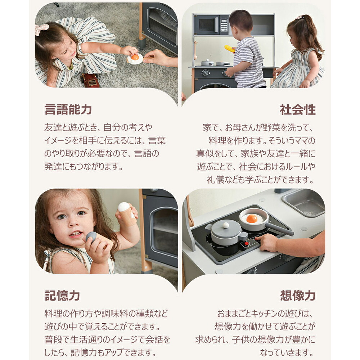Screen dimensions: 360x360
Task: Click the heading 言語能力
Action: [x=68, y=109]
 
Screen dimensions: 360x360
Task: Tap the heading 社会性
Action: [x=298, y=109]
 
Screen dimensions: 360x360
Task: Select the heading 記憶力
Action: [x=62, y=296]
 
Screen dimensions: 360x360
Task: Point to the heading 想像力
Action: [x=298, y=296]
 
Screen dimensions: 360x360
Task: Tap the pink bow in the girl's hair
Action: [x=41, y=29]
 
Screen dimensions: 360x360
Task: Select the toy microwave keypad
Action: [x=224, y=25]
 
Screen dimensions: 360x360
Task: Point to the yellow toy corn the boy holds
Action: [x=230, y=49]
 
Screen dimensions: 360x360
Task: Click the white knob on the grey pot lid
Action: [x=226, y=225]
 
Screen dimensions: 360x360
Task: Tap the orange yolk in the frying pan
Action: [x=252, y=219]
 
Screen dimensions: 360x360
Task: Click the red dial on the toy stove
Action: [x=247, y=243]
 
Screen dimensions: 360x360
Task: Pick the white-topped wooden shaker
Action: [x=127, y=213]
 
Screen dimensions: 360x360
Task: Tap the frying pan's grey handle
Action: [x=280, y=229]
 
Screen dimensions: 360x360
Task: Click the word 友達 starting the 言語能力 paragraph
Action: [x=52, y=127]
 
